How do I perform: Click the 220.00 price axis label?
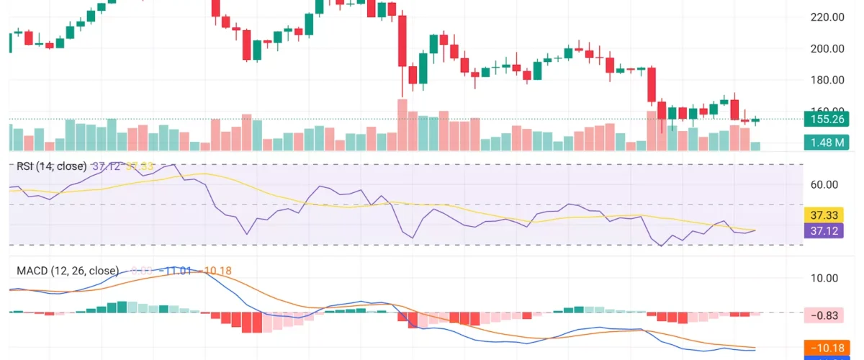[827, 17]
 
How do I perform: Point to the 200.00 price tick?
[827, 48]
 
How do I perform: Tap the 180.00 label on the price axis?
[827, 80]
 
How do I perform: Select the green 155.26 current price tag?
[826, 120]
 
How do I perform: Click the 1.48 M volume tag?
[826, 143]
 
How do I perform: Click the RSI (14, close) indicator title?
[51, 166]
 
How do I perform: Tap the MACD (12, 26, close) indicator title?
[68, 271]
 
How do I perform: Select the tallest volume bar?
[402, 125]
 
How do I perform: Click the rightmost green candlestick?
[755, 120]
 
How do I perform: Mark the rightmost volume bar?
[755, 146]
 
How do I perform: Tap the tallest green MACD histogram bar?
[122, 307]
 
